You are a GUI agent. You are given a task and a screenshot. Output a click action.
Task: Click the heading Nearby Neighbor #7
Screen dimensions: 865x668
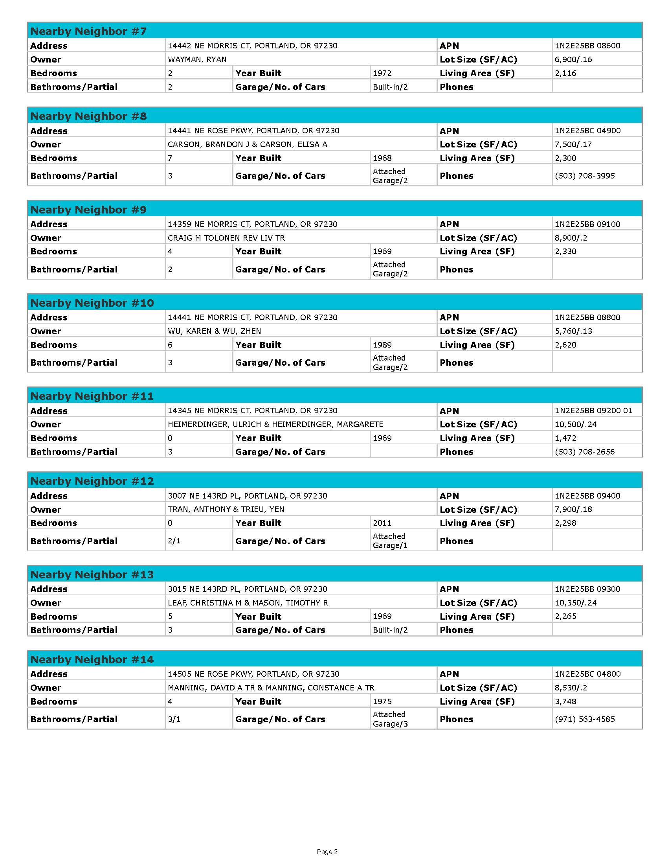click(88, 31)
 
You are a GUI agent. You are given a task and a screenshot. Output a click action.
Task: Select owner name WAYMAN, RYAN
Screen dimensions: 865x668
click(197, 59)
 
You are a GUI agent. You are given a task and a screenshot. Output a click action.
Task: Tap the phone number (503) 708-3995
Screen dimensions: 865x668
click(585, 176)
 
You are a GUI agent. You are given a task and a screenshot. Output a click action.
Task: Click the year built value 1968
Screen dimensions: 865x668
click(382, 158)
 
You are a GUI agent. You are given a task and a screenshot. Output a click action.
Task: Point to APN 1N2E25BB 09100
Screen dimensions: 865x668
click(587, 224)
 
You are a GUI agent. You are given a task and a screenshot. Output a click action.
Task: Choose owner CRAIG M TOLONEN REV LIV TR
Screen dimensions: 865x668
click(226, 238)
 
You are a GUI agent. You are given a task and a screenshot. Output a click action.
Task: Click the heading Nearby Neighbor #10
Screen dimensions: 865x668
click(92, 303)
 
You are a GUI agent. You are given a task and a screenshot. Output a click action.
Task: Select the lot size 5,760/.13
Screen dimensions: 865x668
click(573, 331)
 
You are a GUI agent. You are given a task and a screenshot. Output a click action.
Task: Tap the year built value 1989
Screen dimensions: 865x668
click(382, 345)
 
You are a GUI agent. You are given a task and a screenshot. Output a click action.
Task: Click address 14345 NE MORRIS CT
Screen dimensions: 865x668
click(253, 411)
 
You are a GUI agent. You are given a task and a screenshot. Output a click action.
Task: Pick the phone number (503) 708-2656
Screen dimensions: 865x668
click(585, 452)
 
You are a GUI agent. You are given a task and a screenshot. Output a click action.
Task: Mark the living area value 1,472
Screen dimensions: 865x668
click(565, 438)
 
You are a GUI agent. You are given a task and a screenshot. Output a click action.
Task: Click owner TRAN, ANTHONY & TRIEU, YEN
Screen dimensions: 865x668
click(226, 509)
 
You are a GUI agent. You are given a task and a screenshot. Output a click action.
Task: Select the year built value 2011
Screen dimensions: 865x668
click(382, 523)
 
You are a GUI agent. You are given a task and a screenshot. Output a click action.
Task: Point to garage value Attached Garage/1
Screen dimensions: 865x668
click(390, 541)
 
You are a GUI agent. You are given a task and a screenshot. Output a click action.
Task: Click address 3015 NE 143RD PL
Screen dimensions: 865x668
click(247, 589)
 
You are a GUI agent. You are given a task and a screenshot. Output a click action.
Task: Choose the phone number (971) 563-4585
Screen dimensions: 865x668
click(585, 719)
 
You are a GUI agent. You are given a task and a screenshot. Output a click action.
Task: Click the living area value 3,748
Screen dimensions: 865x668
click(565, 701)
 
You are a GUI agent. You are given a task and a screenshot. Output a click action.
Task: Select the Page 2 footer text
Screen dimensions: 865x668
click(327, 852)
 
